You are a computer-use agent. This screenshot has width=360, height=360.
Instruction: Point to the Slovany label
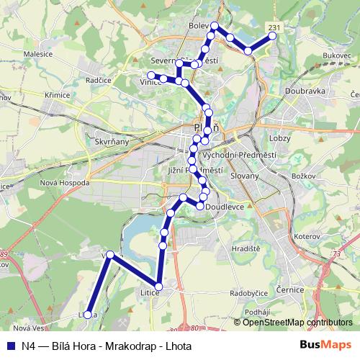pos(243,175)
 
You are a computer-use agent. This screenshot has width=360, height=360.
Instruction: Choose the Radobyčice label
pos(248,294)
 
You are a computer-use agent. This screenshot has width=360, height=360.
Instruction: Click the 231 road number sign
pos(273,27)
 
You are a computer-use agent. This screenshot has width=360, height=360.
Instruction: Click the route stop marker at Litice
pos(158,287)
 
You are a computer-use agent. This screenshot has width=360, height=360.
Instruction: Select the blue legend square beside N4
pos(11,345)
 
